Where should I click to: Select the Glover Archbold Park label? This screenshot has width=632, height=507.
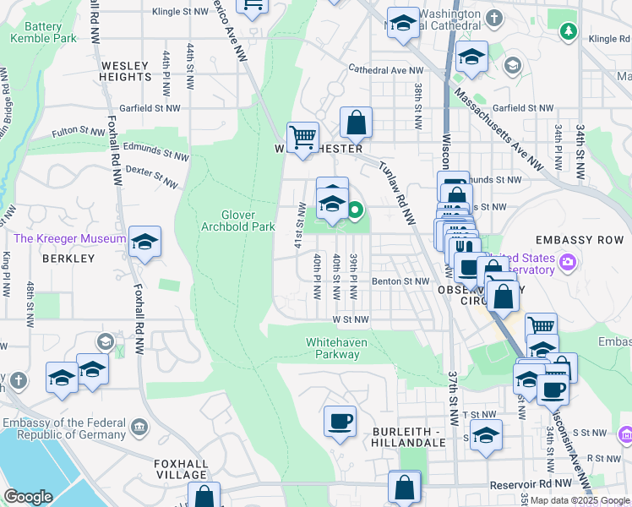[237, 221]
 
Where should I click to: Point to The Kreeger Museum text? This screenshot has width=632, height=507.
[70, 239]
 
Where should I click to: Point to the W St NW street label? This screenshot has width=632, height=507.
[351, 319]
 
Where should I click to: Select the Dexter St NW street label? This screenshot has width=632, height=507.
[151, 177]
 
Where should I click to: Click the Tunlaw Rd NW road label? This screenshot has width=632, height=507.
[397, 194]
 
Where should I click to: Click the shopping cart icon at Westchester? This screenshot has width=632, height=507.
[302, 137]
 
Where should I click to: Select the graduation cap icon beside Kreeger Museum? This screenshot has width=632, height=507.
[144, 242]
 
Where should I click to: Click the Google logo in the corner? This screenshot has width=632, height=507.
[28, 497]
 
